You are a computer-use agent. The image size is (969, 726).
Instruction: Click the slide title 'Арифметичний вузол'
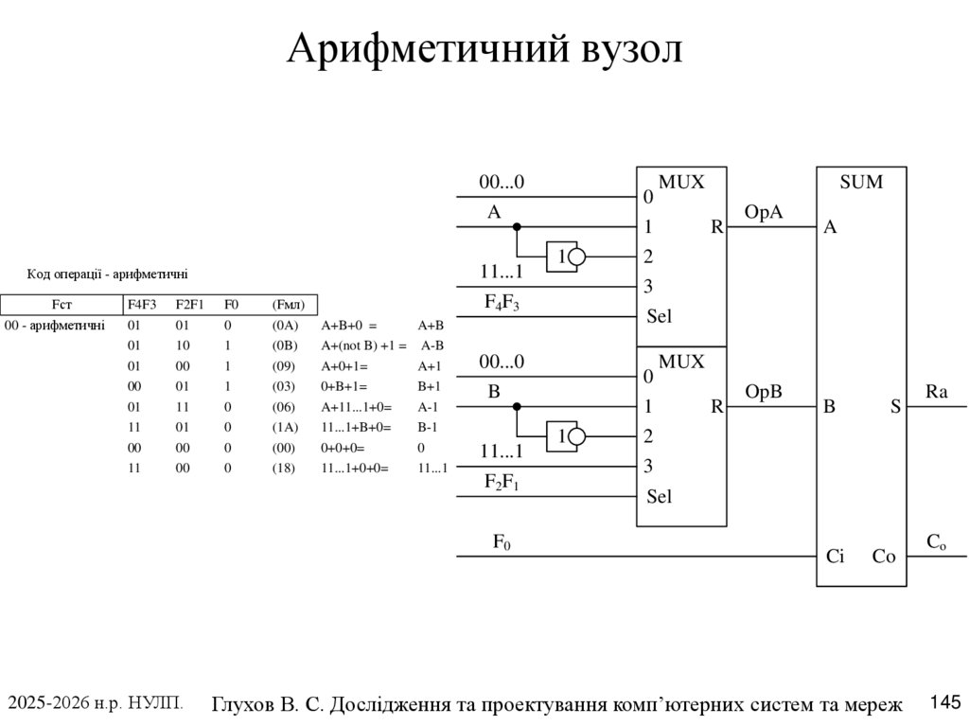484,49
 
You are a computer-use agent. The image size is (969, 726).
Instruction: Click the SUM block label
860,182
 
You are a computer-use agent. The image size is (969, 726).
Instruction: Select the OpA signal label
764,212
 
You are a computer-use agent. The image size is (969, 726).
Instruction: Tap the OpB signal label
764,392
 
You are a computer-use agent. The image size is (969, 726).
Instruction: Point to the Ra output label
936,392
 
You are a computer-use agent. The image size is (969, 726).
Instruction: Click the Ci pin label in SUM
835,558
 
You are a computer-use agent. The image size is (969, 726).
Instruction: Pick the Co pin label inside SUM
883,558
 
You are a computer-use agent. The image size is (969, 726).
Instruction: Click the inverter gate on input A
566,257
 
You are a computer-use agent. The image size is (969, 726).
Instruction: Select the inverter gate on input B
566,436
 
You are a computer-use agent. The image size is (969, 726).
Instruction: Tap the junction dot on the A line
517,227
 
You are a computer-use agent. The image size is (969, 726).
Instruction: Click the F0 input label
502,542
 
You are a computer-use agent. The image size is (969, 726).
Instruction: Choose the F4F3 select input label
502,303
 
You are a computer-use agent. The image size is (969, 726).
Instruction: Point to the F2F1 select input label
502,483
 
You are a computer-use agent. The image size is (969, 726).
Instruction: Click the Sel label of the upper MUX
659,316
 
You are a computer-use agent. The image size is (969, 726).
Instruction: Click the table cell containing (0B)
285,345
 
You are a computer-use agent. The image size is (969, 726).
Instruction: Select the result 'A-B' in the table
432,345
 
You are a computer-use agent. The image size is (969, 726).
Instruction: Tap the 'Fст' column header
62,305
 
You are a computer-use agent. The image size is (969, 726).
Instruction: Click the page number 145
945,701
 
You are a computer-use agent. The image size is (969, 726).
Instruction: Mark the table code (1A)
285,427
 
